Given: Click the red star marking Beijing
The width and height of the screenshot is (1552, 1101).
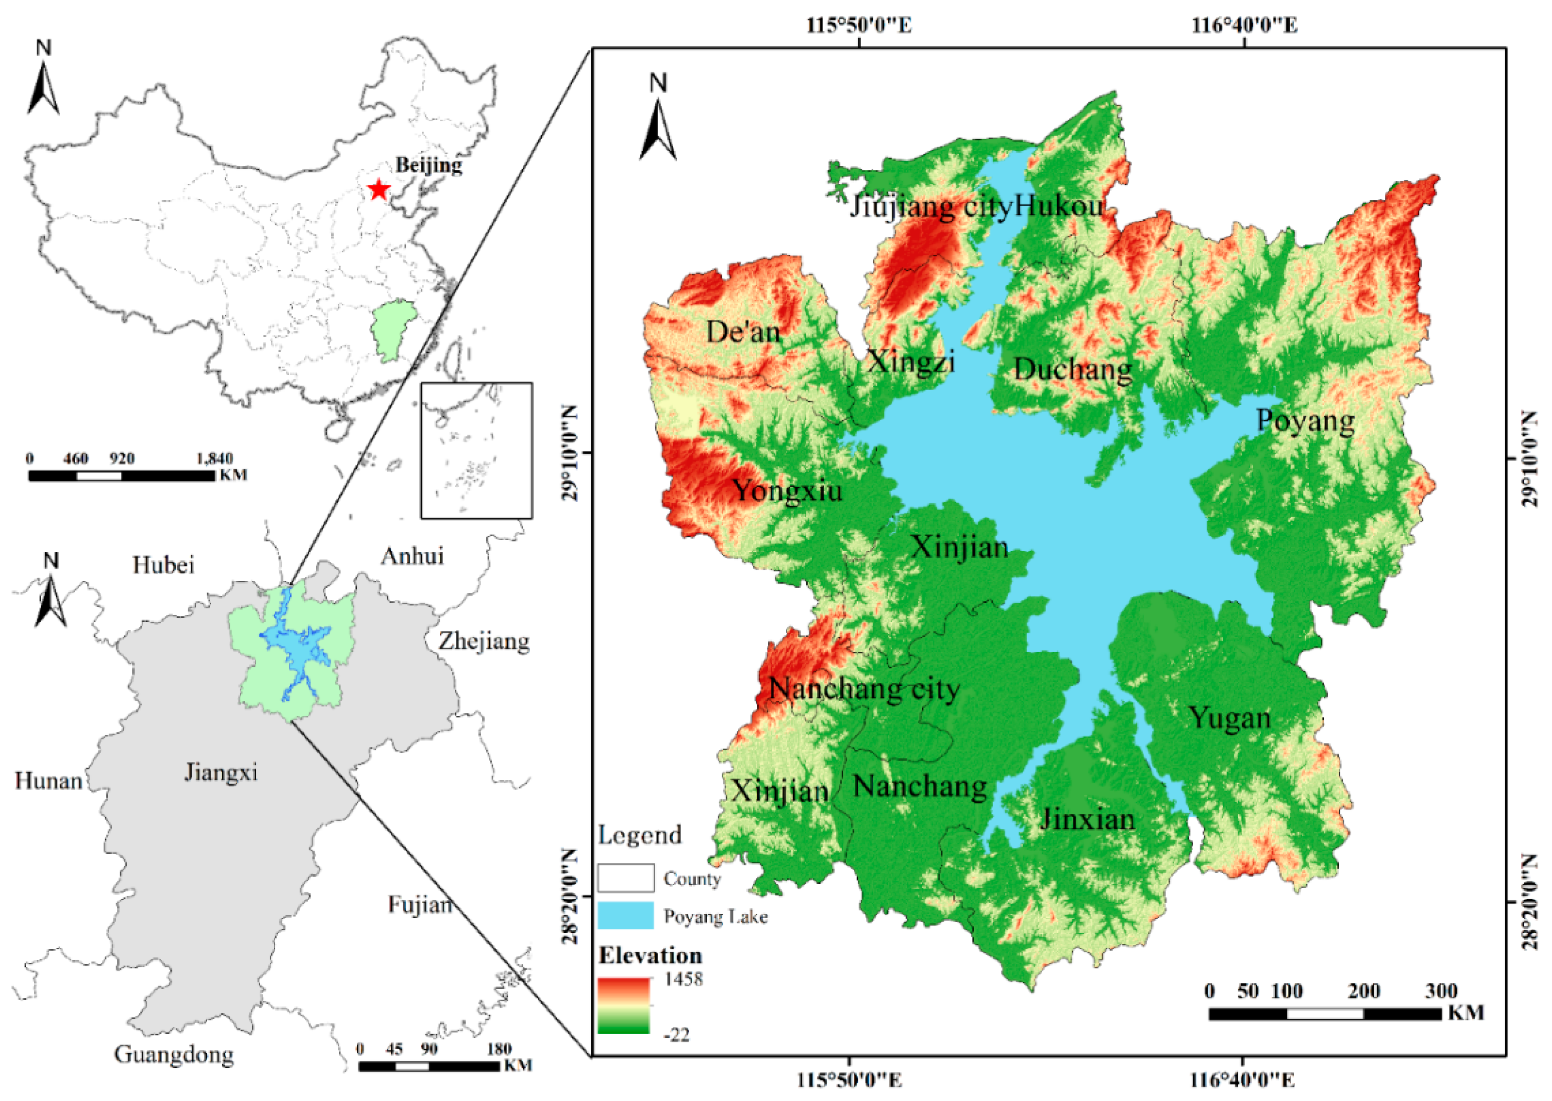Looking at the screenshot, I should point(378,190).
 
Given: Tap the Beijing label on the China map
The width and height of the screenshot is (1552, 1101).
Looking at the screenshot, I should point(428,165).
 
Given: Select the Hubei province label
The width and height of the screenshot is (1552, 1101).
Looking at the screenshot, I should point(163,565).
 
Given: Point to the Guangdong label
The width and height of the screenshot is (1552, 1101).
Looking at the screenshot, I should point(174,1054).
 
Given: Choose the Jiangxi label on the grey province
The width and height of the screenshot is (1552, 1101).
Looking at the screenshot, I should point(221,772).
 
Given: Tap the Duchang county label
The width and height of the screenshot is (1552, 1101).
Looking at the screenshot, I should point(1072,370).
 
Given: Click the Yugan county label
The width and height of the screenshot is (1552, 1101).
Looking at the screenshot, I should point(1229,718).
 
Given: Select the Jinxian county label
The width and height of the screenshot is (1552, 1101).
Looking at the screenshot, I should point(1087,820).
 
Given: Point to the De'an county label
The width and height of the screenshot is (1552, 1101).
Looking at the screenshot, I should point(744,332).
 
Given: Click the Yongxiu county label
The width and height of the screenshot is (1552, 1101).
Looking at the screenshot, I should point(788,490).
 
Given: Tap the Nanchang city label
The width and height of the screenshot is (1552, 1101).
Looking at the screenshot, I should point(864,689).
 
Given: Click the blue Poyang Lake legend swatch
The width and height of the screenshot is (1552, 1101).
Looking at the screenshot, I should point(626,915).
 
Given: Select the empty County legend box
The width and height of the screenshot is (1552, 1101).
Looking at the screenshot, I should point(626,878).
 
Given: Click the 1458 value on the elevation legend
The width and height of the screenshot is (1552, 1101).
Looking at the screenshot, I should point(683,979).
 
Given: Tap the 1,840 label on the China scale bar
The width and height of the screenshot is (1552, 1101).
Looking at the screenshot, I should point(214,459).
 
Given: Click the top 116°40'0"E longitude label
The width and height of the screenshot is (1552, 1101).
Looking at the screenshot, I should point(1244,26).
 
